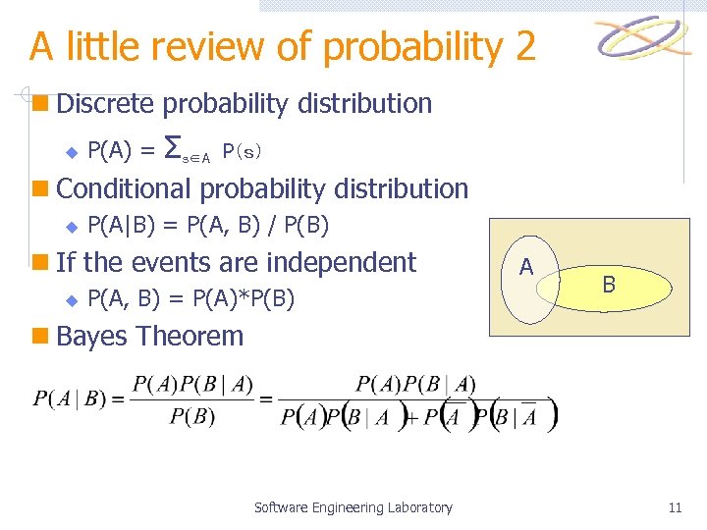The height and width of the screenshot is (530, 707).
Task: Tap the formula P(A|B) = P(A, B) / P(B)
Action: click(x=208, y=227)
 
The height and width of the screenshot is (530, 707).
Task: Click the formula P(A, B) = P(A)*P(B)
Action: click(x=190, y=297)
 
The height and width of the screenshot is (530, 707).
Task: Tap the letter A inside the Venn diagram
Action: click(x=526, y=267)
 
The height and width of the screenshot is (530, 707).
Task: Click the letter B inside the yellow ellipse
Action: click(x=609, y=285)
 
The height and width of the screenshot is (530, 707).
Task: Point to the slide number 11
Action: click(x=674, y=507)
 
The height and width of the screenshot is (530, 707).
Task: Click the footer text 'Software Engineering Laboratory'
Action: click(x=353, y=507)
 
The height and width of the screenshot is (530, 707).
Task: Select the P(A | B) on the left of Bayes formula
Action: click(x=69, y=397)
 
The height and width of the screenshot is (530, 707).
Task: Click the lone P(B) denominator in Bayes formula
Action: click(x=192, y=416)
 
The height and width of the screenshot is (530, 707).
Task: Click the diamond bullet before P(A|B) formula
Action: click(x=70, y=228)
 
